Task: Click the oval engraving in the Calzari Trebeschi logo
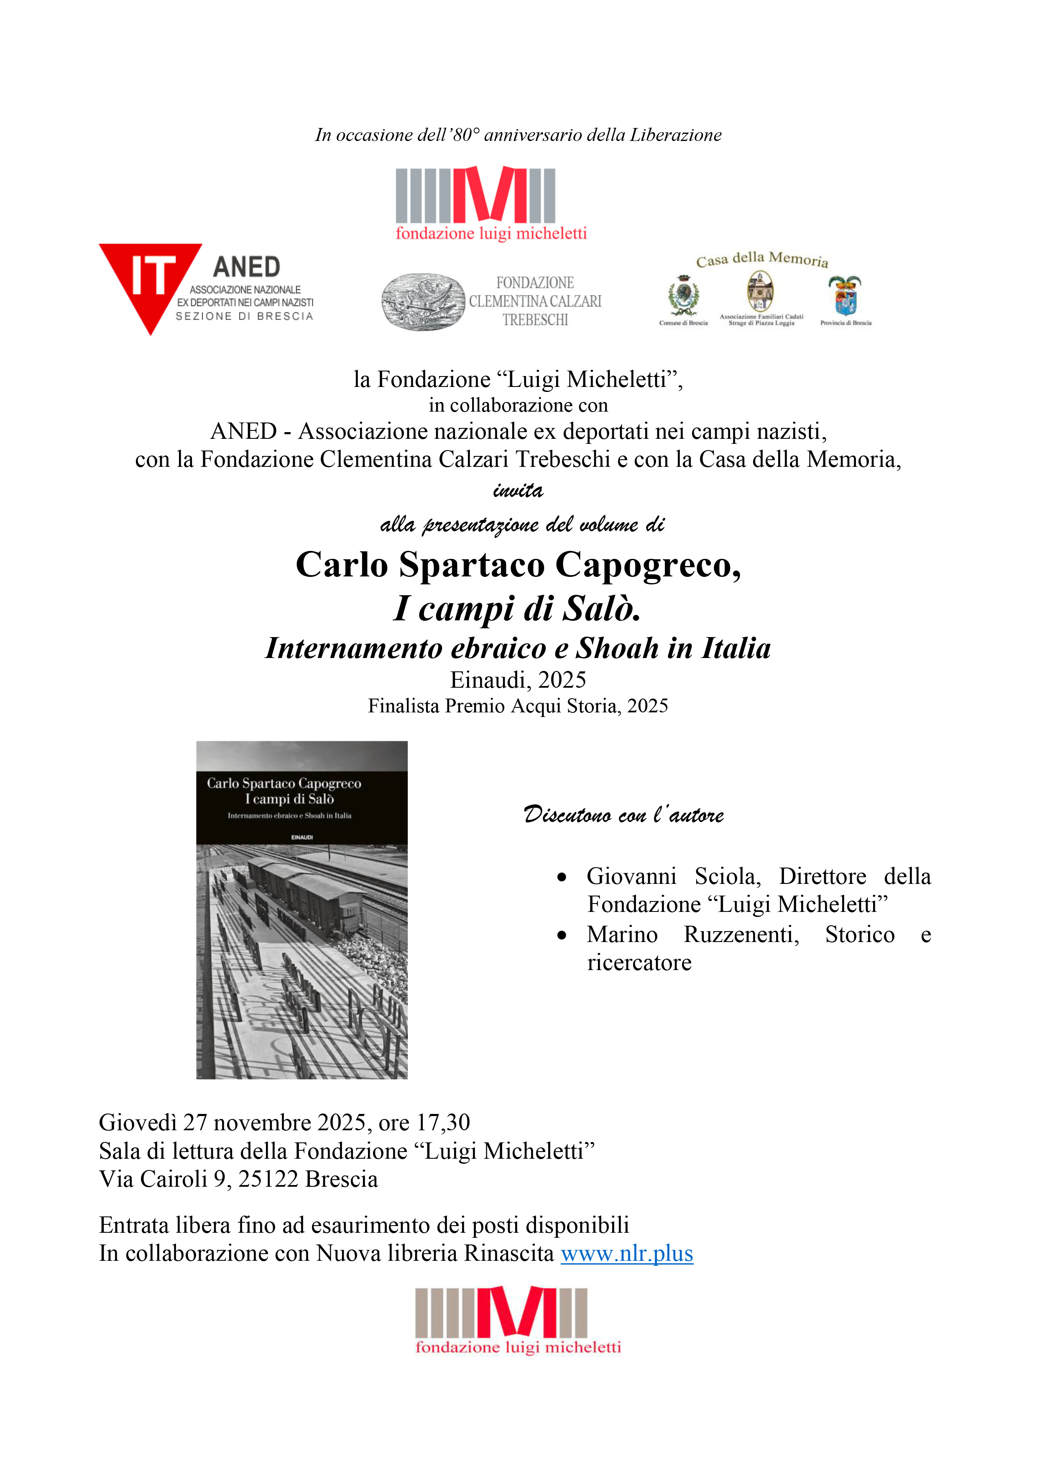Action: click(423, 302)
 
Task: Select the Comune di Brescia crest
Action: click(683, 296)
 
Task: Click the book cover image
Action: click(301, 910)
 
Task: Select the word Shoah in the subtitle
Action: click(617, 648)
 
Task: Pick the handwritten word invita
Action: click(518, 491)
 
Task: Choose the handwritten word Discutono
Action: click(567, 815)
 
